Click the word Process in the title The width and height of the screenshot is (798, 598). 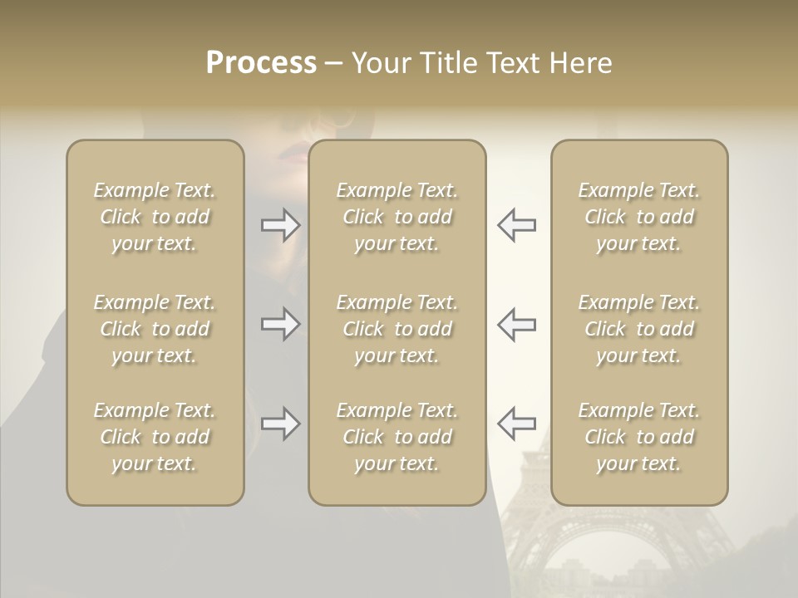(261, 63)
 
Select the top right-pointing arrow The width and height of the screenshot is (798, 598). (280, 225)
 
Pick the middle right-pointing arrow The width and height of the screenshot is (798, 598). (280, 324)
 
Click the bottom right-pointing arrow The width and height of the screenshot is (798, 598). (280, 424)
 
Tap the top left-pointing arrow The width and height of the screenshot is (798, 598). (516, 225)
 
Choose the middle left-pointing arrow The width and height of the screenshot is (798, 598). (516, 324)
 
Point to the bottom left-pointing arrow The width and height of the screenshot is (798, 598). (516, 424)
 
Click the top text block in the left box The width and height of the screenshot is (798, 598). (155, 217)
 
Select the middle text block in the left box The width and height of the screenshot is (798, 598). (155, 329)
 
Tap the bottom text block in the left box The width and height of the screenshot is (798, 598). (155, 437)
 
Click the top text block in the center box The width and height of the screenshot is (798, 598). (397, 217)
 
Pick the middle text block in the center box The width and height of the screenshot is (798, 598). (397, 329)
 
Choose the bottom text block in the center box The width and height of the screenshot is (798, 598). (397, 437)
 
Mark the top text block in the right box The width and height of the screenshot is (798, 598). (638, 217)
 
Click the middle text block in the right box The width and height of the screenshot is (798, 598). (638, 329)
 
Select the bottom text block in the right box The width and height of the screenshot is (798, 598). (638, 437)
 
